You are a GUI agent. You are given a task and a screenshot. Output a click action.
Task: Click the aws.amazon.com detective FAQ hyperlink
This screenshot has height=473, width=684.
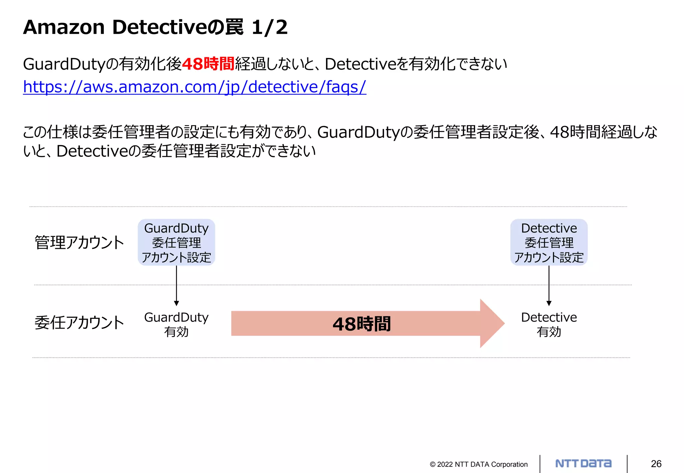(194, 87)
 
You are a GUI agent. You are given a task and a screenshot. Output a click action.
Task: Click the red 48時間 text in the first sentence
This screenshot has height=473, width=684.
(208, 64)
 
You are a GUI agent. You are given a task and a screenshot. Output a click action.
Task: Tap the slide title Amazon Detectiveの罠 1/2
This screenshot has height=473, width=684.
(155, 27)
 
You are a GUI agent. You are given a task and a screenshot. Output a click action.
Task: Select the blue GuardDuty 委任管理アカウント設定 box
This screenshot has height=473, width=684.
(176, 243)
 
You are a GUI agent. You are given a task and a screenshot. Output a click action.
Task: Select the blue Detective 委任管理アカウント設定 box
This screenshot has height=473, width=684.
(549, 243)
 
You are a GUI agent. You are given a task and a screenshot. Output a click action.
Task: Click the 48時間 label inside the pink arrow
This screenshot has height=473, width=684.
(361, 324)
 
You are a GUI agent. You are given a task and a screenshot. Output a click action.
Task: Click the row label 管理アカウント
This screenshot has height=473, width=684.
(79, 243)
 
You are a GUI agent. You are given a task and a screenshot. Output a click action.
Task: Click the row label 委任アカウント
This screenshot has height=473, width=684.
(79, 323)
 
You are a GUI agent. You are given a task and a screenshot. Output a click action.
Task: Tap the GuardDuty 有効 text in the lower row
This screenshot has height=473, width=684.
(176, 324)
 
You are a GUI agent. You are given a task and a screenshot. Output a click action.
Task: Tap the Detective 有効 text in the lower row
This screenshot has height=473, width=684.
(549, 324)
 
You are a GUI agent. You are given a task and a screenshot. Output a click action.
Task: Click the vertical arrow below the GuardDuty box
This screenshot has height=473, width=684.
(176, 285)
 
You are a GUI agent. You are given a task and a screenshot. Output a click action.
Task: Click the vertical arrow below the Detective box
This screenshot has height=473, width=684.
(549, 285)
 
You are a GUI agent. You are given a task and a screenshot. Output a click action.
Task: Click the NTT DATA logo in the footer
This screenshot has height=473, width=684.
(583, 463)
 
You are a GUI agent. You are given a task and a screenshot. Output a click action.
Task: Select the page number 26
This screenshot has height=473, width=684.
(656, 464)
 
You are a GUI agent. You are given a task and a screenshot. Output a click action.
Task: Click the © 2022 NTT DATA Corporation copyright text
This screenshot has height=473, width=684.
(479, 464)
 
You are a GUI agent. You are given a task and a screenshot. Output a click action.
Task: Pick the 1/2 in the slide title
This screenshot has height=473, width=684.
(270, 27)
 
